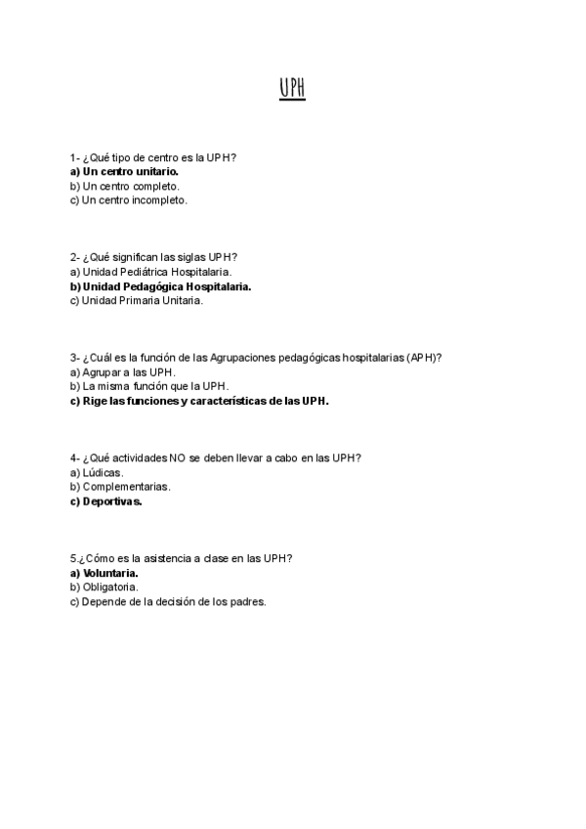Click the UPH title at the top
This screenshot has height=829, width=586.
(x=292, y=89)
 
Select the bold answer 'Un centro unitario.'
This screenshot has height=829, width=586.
(x=130, y=171)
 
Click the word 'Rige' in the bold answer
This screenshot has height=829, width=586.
(x=95, y=402)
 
